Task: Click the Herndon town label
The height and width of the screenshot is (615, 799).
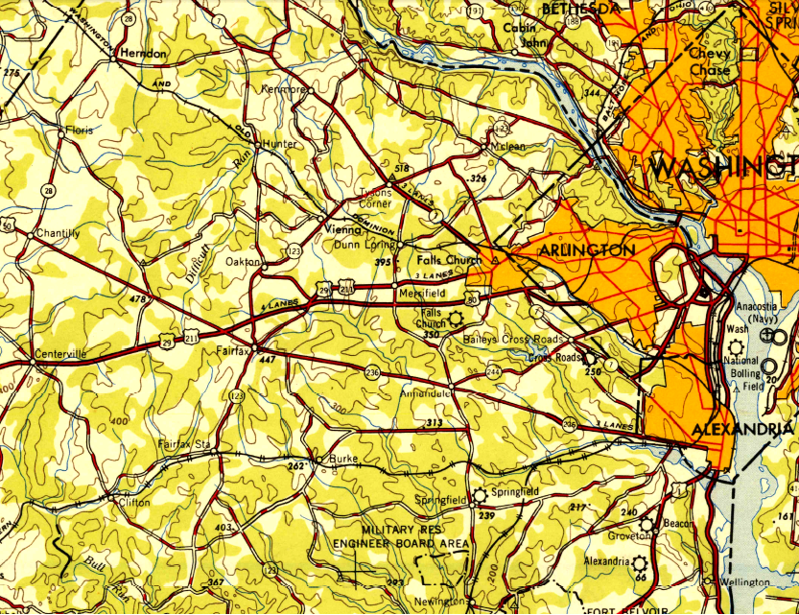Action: tap(145, 54)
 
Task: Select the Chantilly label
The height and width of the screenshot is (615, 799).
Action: tap(57, 233)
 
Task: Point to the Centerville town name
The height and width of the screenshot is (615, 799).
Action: tap(60, 354)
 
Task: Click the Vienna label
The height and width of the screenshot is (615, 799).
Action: tap(343, 229)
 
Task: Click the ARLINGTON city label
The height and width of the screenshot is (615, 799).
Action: tap(574, 250)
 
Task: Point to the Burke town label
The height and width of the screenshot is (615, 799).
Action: tap(343, 459)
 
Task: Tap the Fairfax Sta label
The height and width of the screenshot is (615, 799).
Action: tap(183, 445)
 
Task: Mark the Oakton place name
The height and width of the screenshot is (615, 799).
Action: tap(243, 261)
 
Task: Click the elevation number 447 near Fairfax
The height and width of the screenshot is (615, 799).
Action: tap(267, 360)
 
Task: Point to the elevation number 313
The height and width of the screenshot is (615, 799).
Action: tap(435, 422)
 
